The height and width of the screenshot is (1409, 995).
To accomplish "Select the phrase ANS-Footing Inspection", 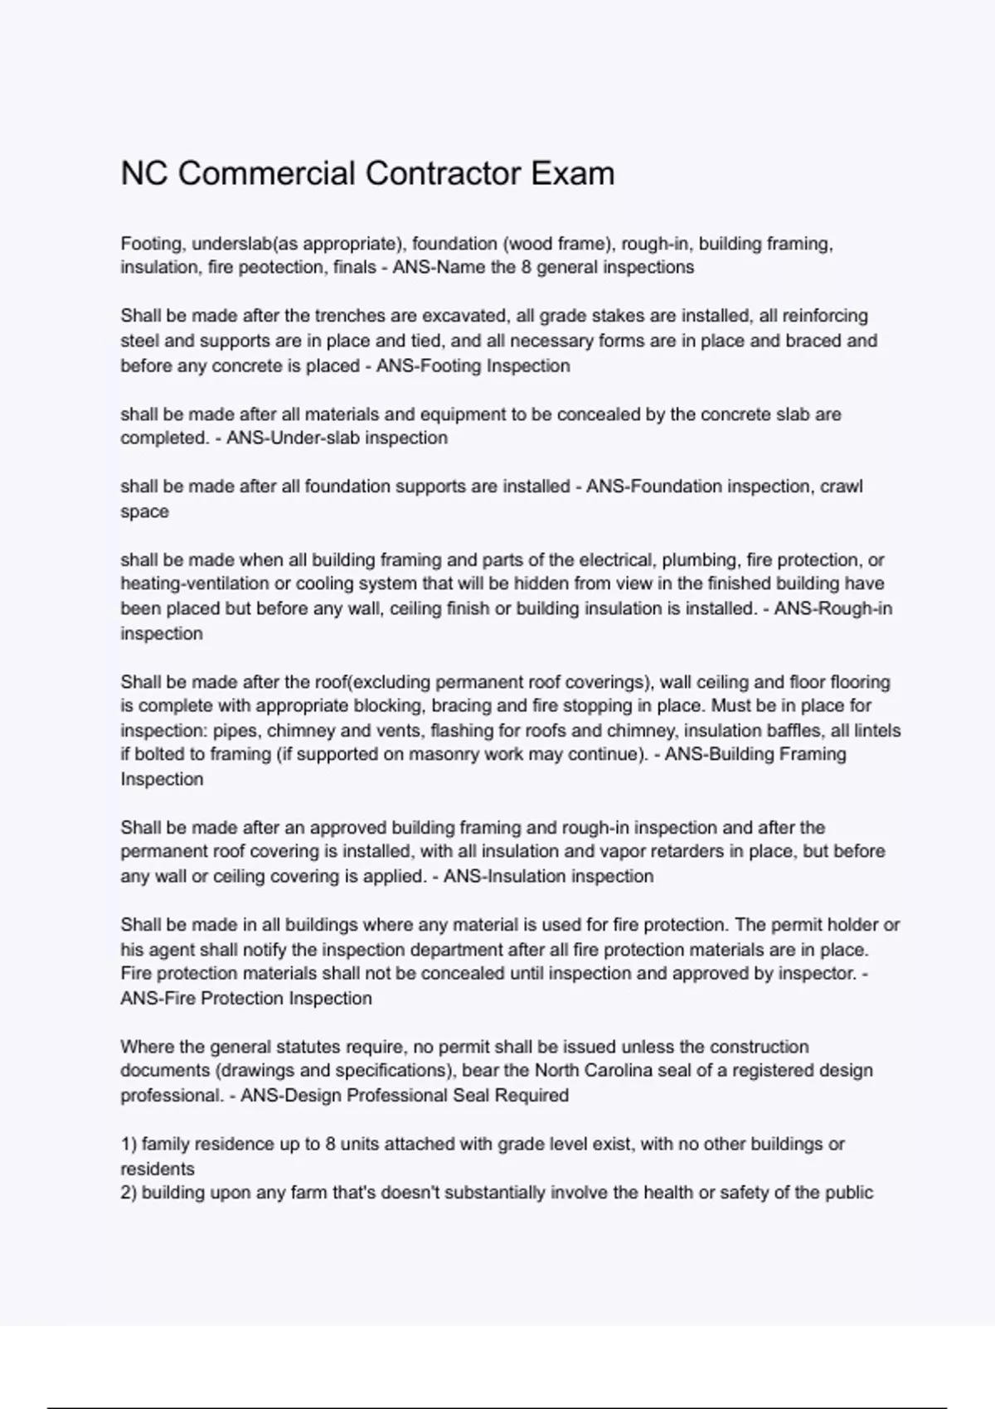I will (x=473, y=366).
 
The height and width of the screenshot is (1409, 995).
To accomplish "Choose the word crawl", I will (x=842, y=487).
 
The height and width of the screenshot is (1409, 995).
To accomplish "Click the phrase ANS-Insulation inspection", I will (x=548, y=876).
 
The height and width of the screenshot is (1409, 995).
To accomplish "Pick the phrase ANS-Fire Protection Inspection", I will (x=246, y=998).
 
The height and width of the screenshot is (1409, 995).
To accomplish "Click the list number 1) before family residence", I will (x=129, y=1144).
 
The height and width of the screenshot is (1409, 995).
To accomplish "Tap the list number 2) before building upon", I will (x=129, y=1193).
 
